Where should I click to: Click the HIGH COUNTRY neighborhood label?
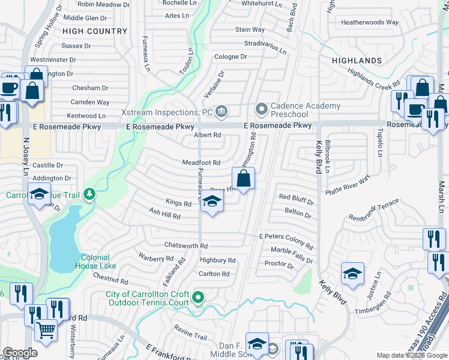click(95, 31)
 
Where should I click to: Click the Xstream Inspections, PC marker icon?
click(221, 110)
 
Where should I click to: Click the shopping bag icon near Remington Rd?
click(243, 179)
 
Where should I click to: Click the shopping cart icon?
click(46, 329)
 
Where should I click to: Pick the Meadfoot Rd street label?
click(201, 163)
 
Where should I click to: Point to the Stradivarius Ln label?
click(267, 44)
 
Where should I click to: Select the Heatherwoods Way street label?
click(369, 22)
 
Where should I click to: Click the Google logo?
click(20, 353)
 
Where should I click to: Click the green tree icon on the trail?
click(89, 194)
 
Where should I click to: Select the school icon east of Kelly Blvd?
click(352, 274)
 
